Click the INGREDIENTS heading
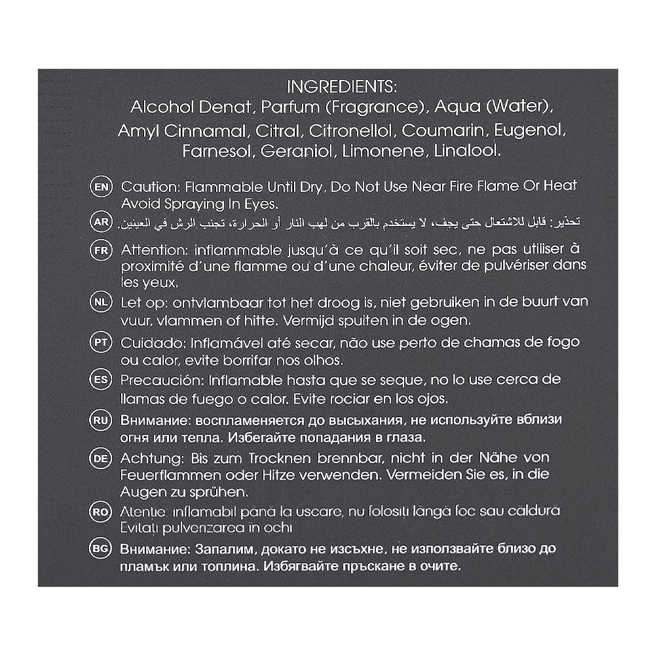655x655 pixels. tap(343, 87)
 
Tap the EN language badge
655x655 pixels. tap(101, 186)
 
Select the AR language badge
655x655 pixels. tap(101, 222)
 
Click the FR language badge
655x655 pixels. tap(101, 250)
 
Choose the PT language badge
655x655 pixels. tap(101, 343)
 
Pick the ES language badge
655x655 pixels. tap(101, 379)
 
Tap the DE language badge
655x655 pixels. tap(101, 458)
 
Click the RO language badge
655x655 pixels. tap(101, 512)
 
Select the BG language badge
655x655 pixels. tap(101, 548)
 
